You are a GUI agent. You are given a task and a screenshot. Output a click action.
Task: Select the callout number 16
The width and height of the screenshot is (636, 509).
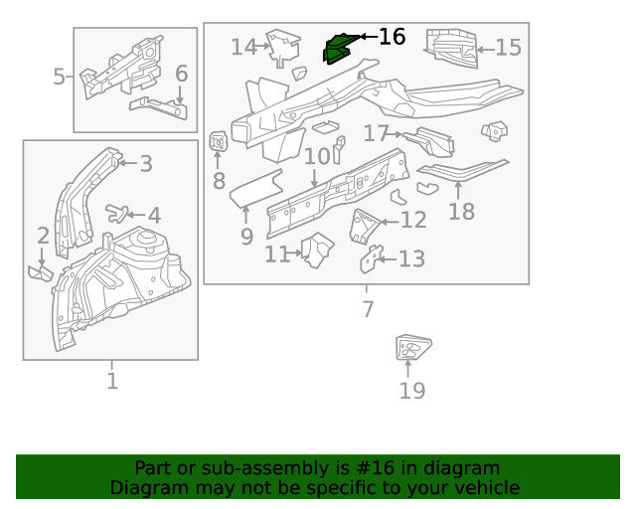coord(393,37)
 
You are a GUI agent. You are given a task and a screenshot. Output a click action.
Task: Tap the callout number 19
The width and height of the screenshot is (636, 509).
coord(411,391)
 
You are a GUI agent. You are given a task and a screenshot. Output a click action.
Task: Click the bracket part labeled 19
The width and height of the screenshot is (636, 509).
coord(411,349)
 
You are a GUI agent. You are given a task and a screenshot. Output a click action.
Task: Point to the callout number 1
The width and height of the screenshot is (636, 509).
coord(111,381)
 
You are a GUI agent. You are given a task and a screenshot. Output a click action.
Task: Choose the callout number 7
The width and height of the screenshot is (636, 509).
coord(368,309)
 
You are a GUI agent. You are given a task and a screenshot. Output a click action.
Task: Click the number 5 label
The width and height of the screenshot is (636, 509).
coord(60,77)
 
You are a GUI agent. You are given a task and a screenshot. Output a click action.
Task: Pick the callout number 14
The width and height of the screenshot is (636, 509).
coord(243,47)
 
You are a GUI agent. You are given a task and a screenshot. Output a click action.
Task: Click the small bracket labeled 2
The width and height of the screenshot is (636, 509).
coord(41,270)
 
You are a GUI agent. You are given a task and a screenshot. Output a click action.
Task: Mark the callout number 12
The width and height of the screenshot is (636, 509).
coord(412,222)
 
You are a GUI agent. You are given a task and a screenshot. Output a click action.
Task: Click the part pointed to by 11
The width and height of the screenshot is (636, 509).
coord(318,250)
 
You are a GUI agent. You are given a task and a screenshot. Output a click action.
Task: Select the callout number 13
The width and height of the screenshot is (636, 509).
coord(410,259)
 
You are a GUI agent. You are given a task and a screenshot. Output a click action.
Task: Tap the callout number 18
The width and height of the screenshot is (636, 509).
coord(461,211)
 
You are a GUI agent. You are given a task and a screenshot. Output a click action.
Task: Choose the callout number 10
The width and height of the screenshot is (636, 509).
coord(317,157)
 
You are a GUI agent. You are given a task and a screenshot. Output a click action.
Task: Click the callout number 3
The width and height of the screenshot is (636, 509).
coord(145,164)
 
